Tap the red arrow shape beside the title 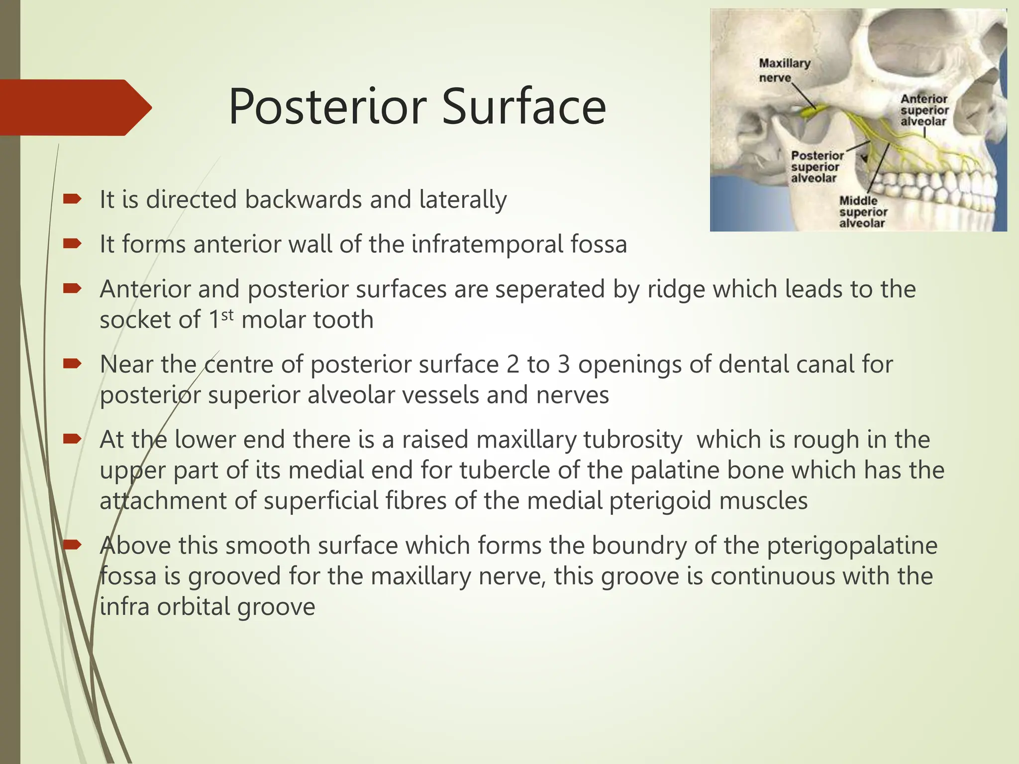(75, 107)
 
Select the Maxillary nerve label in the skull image (784, 70)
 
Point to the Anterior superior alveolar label (924, 110)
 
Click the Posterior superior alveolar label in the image (817, 167)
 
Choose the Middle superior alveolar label (863, 212)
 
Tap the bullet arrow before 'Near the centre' (72, 365)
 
